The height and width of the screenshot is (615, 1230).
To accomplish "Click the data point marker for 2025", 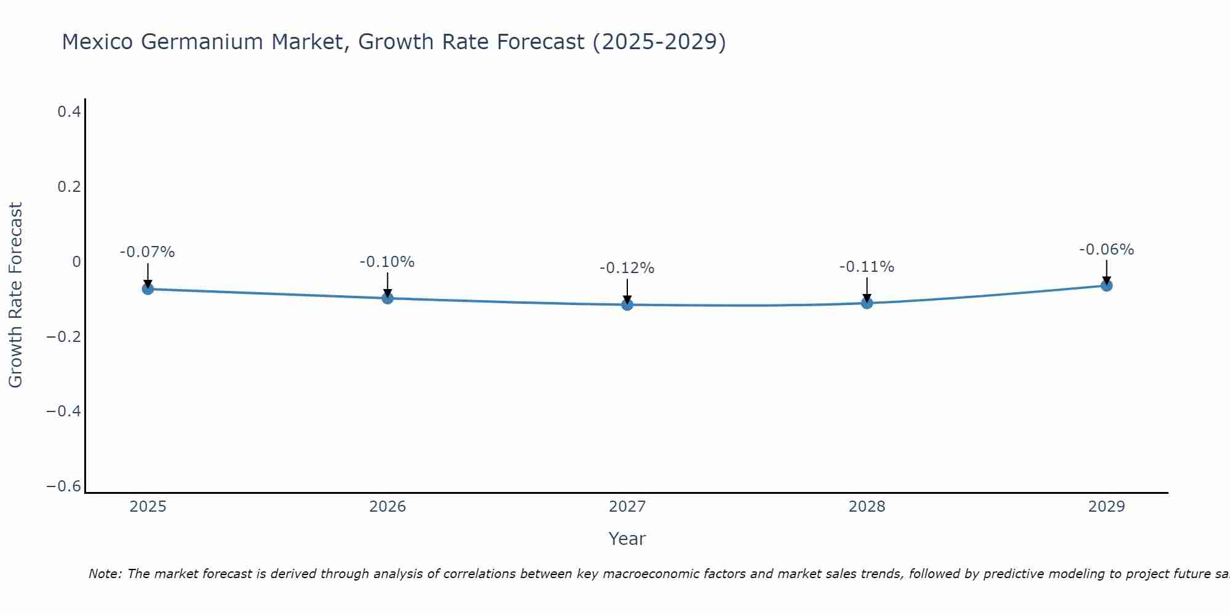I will (x=148, y=288).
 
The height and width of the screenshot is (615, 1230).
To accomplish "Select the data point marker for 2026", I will (x=387, y=298).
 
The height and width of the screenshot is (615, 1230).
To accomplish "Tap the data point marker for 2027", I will (x=627, y=304).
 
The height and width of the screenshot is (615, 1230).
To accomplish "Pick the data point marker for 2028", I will (x=867, y=303).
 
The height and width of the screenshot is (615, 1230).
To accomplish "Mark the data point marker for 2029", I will (x=1106, y=285).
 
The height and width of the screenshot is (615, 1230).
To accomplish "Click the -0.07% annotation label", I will (x=148, y=252).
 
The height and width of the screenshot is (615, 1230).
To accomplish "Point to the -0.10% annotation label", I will (x=387, y=262).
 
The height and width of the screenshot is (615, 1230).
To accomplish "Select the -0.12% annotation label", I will (x=627, y=268).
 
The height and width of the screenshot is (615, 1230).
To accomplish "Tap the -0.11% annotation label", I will (x=867, y=267).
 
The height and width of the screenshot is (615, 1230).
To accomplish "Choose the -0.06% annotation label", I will (x=1106, y=250).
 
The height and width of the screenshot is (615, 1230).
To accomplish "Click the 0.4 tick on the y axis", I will (x=69, y=112).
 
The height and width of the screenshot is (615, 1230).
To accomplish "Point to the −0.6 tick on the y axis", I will (x=64, y=486).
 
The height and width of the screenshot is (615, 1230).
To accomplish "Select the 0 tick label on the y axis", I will (x=76, y=262).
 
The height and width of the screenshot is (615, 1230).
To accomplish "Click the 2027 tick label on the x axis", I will (x=627, y=507).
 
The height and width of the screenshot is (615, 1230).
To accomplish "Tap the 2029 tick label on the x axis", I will (x=1106, y=507).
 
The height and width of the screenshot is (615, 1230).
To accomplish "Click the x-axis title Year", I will (x=627, y=539).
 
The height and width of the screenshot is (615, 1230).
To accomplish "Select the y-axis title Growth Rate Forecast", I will (x=15, y=295).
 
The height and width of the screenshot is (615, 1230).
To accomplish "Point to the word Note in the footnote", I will (x=105, y=574).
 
